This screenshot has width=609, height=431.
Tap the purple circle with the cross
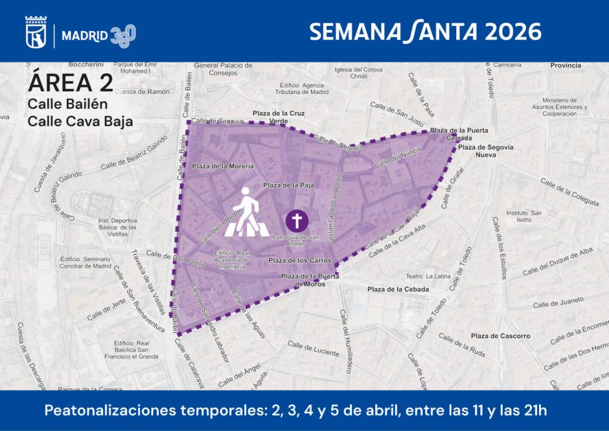[297, 221]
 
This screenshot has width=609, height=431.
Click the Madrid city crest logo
[36, 31]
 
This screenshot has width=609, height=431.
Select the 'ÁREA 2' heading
[71, 82]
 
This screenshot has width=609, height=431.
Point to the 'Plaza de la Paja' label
[288, 185]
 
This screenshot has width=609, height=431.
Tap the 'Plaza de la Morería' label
[222, 167]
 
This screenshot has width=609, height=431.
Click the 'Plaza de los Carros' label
[300, 261]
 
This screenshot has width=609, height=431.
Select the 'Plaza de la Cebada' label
[398, 289]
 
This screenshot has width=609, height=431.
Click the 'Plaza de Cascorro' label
[500, 336]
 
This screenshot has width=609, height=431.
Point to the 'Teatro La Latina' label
[428, 276]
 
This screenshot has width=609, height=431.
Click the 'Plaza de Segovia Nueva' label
[486, 151]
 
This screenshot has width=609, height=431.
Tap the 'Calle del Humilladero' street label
[345, 341]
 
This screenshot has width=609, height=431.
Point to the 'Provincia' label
[565, 65]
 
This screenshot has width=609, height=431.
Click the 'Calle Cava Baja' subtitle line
[80, 121]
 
